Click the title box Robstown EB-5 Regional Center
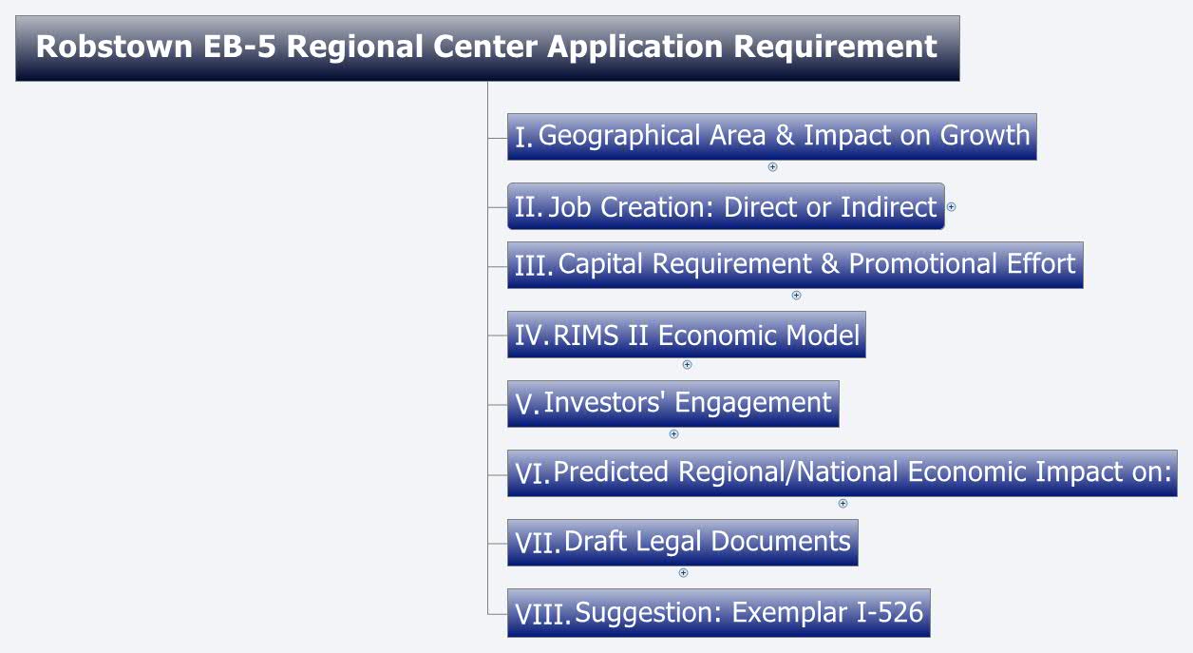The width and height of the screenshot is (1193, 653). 486,48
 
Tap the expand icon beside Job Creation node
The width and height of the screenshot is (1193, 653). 951,206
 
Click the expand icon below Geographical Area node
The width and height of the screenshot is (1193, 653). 772,167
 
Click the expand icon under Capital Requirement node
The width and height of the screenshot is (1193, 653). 796,295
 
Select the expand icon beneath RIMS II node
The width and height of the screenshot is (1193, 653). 687,365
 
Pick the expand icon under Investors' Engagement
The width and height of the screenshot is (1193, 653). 673,434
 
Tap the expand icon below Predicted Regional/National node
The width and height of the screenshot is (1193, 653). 843,504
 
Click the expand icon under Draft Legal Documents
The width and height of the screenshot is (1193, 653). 683,573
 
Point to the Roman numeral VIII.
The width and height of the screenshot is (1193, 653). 542,614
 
